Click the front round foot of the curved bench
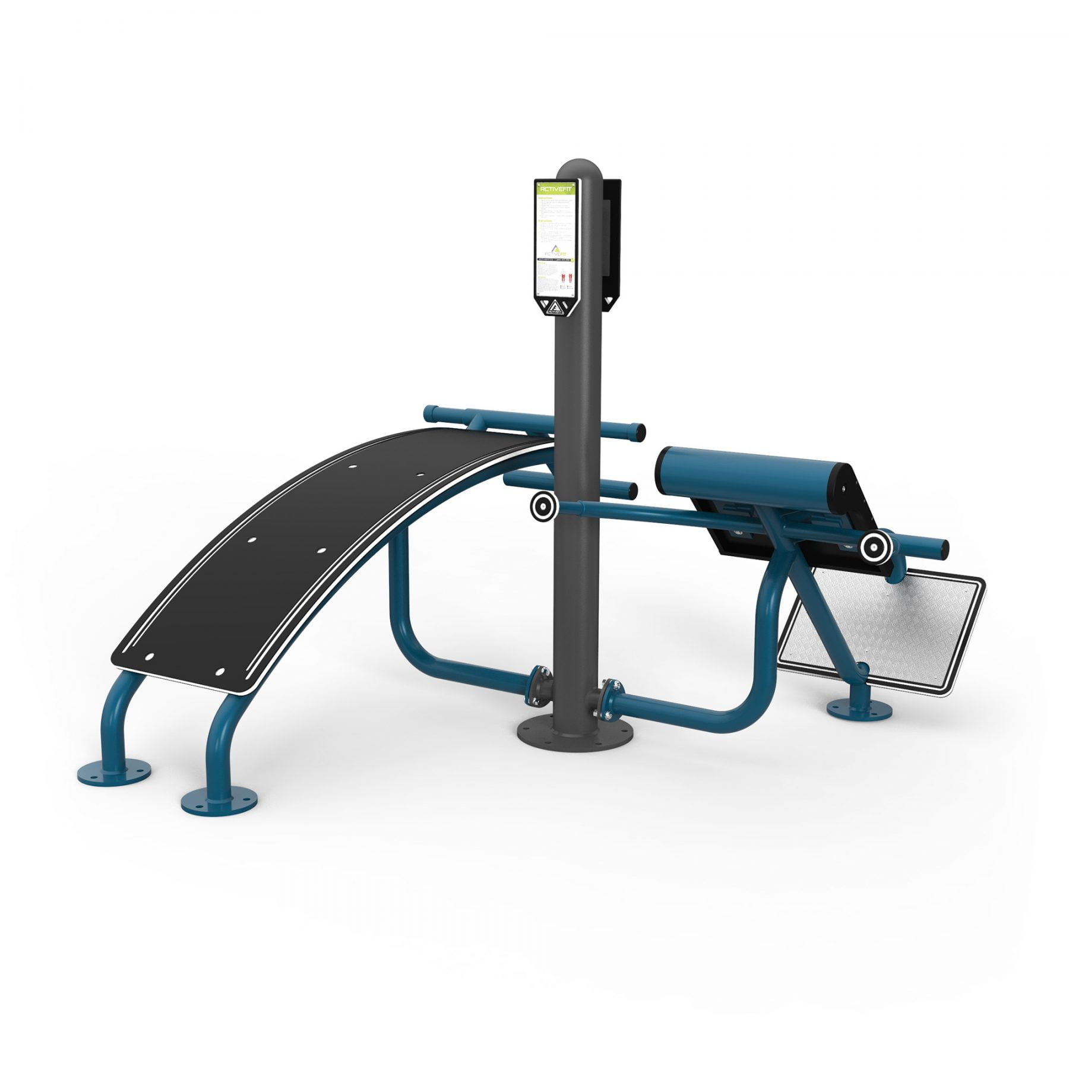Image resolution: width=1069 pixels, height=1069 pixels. [219, 801]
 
